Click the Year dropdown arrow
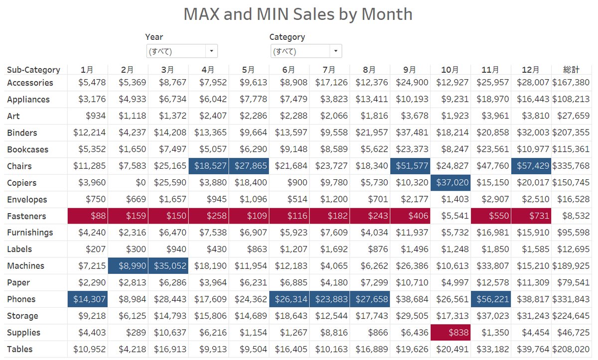(211, 51)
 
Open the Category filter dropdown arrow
(336, 51)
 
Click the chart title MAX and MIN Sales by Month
(298, 14)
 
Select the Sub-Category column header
(33, 70)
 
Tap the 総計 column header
(571, 70)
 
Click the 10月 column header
(450, 70)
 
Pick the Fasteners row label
(26, 216)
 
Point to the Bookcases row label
(27, 149)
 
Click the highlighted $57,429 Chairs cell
(531, 166)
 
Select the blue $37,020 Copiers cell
(450, 183)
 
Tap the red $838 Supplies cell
(450, 333)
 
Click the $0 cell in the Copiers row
(141, 183)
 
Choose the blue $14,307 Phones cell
(88, 299)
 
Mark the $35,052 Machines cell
(168, 266)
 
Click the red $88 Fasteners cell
(88, 216)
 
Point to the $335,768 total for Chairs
(571, 166)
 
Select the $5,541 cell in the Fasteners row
(455, 216)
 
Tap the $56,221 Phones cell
(491, 299)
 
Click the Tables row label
(19, 350)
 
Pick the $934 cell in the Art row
(96, 116)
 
